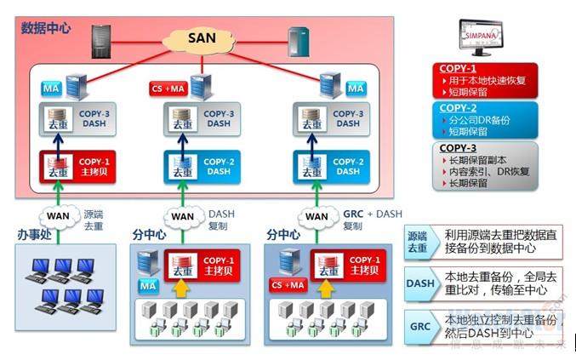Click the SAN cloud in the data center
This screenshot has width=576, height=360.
(x=202, y=37)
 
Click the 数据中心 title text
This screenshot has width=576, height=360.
(x=46, y=28)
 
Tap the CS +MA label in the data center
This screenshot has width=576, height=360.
(x=168, y=89)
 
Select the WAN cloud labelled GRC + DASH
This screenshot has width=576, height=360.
(x=317, y=216)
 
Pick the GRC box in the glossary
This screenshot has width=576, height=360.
(x=419, y=326)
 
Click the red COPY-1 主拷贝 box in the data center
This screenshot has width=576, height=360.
(x=76, y=165)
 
